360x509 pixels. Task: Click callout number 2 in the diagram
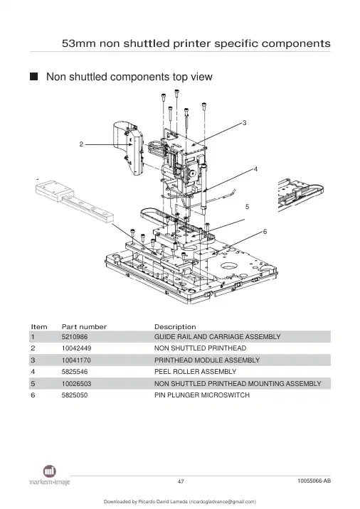click(x=81, y=144)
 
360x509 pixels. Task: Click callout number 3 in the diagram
click(x=245, y=123)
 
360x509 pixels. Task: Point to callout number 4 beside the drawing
click(x=255, y=169)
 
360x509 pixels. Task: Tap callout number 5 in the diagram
click(x=248, y=207)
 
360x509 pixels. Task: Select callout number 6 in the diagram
click(x=265, y=232)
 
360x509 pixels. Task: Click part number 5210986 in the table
click(x=75, y=337)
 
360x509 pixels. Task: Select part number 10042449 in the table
click(x=76, y=348)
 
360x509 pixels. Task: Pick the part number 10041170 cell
click(x=76, y=360)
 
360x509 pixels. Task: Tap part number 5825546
click(x=75, y=372)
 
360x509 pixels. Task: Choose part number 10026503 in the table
click(x=76, y=383)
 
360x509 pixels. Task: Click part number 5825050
click(x=75, y=395)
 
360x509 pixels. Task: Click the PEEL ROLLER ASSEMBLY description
click(x=195, y=372)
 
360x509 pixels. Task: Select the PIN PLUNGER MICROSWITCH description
click(x=202, y=395)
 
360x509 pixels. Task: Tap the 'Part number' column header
click(x=84, y=327)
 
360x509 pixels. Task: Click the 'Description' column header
click(x=175, y=327)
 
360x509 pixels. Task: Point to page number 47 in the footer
click(x=181, y=481)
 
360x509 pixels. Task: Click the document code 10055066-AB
click(x=314, y=481)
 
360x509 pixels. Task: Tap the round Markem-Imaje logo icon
click(x=49, y=471)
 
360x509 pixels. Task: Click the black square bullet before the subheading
click(x=33, y=77)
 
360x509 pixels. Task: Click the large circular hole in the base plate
click(x=230, y=267)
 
